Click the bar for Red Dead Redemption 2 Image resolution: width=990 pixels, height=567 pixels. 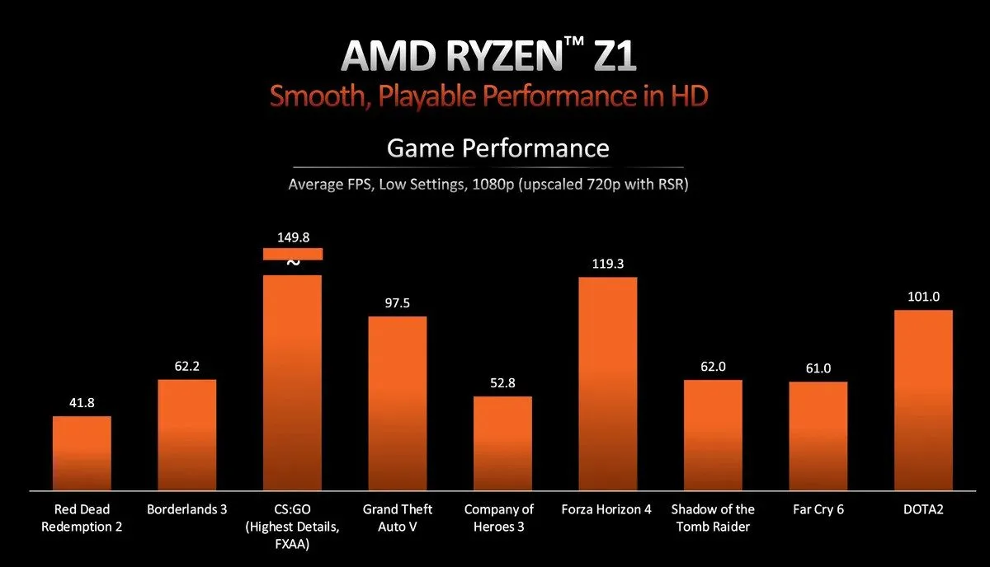[82, 453]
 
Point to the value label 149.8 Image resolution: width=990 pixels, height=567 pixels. [292, 237]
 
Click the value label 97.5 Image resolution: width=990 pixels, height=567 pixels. [397, 303]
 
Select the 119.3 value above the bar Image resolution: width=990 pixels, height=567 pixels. [607, 265]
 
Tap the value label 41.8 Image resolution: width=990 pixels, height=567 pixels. [82, 403]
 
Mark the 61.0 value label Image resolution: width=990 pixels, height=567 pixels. [818, 368]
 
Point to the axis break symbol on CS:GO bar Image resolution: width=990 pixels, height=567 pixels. [292, 263]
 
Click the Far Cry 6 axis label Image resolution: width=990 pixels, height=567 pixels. [818, 509]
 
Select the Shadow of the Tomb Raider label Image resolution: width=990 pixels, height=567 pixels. [713, 518]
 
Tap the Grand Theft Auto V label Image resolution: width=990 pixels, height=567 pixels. [397, 518]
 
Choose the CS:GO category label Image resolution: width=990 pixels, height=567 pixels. [292, 526]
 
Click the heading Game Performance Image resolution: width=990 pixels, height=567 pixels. [497, 148]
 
